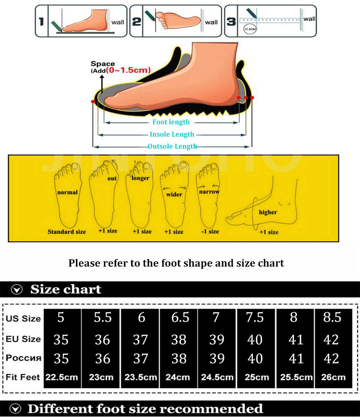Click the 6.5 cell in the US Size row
[180, 317]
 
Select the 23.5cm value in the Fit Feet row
[141, 377]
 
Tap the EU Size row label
[23, 339]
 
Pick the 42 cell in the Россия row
[332, 358]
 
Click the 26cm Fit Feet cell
[333, 377]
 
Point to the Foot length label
[171, 122]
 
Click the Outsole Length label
[172, 146]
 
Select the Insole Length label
[172, 134]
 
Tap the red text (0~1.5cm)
[128, 70]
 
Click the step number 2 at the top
[136, 21]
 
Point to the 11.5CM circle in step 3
[250, 29]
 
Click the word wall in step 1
[118, 22]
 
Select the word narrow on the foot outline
[209, 192]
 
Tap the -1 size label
[210, 231]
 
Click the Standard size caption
[67, 232]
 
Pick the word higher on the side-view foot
[268, 212]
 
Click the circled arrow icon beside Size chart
[17, 289]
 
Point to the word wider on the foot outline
[174, 195]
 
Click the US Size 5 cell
[61, 317]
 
